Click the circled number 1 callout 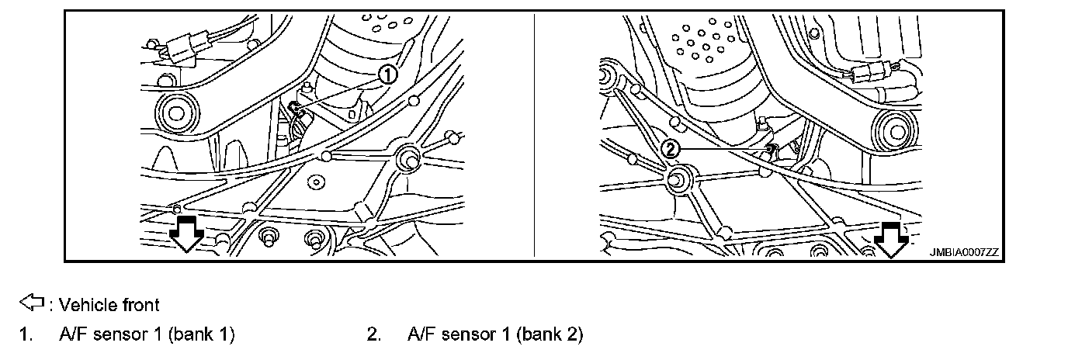pos(387,74)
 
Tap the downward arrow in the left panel pos(186,233)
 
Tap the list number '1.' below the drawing pos(26,334)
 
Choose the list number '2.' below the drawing pos(373,334)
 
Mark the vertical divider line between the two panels pos(534,135)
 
